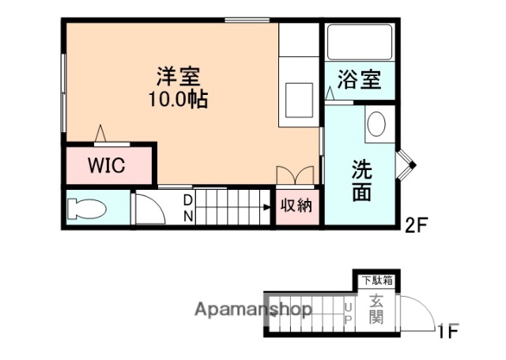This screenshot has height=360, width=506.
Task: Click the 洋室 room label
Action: click(x=178, y=78)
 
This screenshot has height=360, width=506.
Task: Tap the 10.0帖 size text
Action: click(x=178, y=100)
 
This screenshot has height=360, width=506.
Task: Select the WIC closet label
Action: click(x=107, y=166)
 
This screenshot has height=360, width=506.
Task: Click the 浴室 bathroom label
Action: click(x=360, y=80)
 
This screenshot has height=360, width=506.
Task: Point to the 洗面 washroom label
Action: click(x=362, y=180)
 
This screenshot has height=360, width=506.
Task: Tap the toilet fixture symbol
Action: click(x=86, y=209)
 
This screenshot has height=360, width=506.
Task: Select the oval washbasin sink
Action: click(x=376, y=125)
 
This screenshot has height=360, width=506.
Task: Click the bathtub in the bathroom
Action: click(x=359, y=42)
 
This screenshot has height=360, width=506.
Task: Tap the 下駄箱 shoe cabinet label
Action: click(x=378, y=279)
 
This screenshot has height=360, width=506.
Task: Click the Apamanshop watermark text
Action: click(x=254, y=309)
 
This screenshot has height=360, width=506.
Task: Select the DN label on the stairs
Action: click(x=188, y=207)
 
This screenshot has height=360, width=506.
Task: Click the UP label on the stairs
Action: click(x=349, y=313)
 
